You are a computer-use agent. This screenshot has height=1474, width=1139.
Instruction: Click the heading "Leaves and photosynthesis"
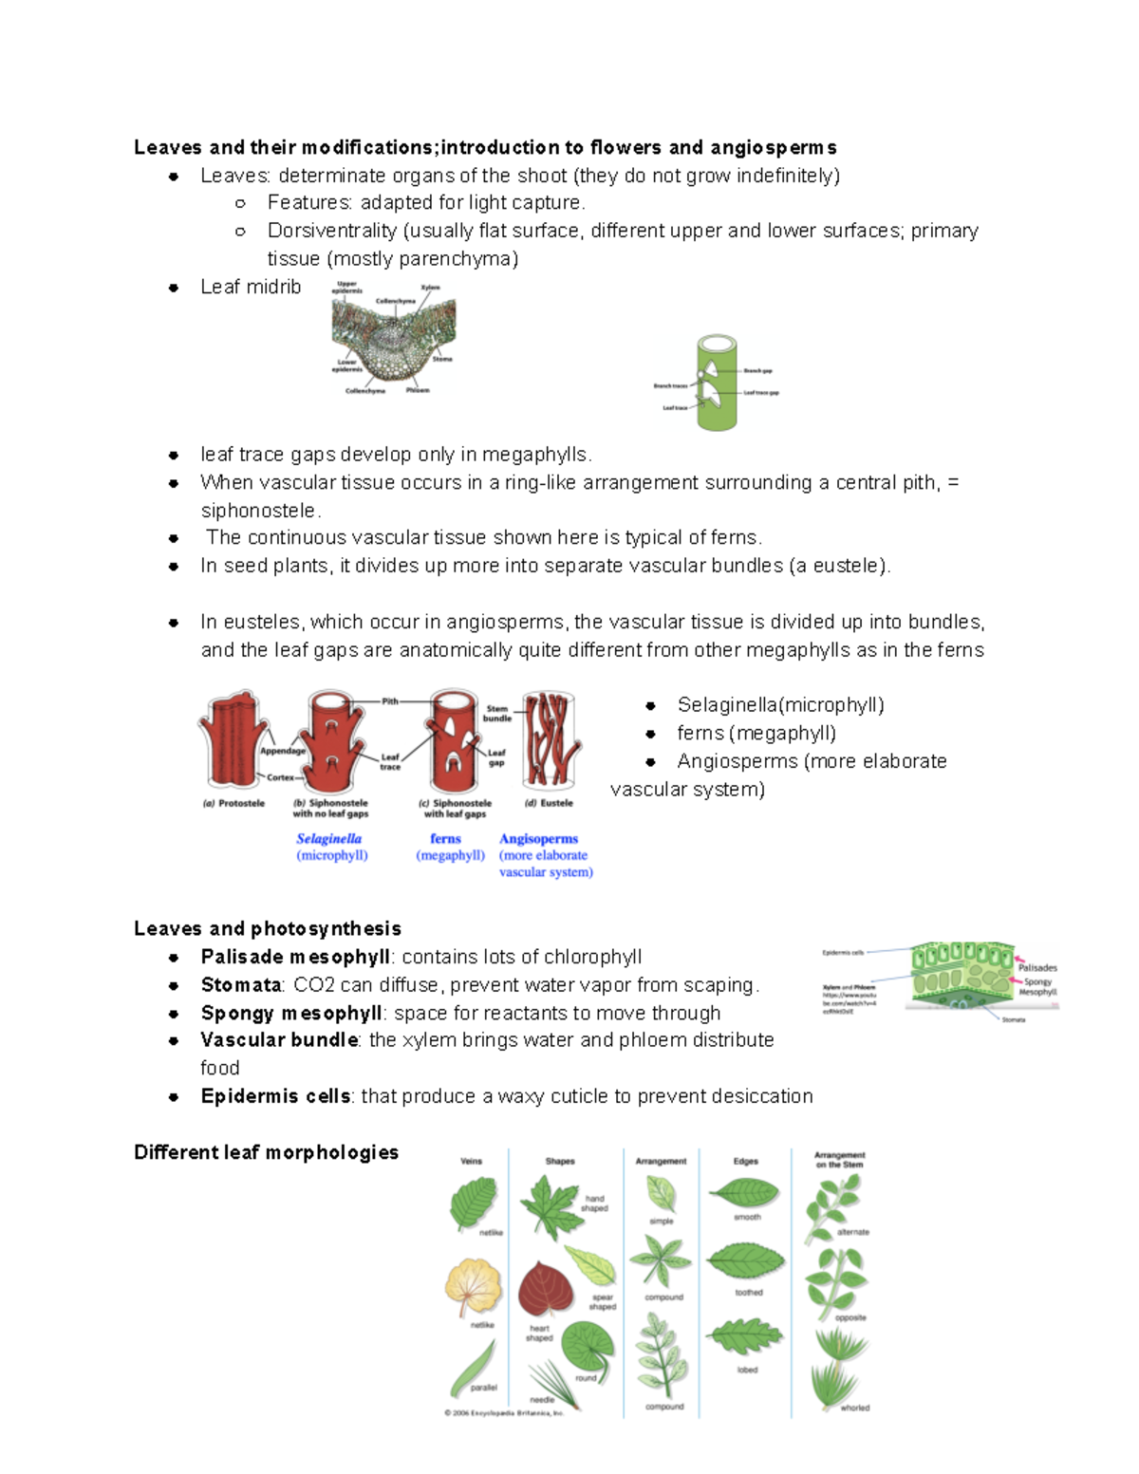point(267,928)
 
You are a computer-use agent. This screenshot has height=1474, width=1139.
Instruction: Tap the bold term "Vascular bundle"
point(279,1040)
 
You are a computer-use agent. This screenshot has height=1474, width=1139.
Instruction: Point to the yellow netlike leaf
point(472,1286)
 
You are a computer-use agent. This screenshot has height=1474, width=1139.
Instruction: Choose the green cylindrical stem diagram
point(717,382)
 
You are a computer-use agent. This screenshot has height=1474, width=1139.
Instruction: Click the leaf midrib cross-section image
point(393,339)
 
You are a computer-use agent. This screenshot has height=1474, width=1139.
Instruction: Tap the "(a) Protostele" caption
point(233,803)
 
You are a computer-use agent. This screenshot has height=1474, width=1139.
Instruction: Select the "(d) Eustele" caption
point(549,803)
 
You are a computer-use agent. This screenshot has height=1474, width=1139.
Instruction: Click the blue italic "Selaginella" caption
point(328,839)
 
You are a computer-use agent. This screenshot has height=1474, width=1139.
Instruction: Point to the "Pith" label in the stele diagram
point(390,701)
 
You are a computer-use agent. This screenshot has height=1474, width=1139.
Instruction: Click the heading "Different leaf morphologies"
point(266,1152)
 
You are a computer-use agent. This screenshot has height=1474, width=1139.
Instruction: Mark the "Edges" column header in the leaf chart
point(745,1161)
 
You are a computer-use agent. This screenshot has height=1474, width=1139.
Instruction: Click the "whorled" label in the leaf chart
point(854,1408)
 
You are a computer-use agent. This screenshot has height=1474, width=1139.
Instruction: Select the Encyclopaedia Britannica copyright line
point(504,1412)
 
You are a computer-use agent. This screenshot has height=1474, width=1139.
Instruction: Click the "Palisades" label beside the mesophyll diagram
point(1036,968)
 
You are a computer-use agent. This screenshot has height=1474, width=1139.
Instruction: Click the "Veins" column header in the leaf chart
point(471,1161)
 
